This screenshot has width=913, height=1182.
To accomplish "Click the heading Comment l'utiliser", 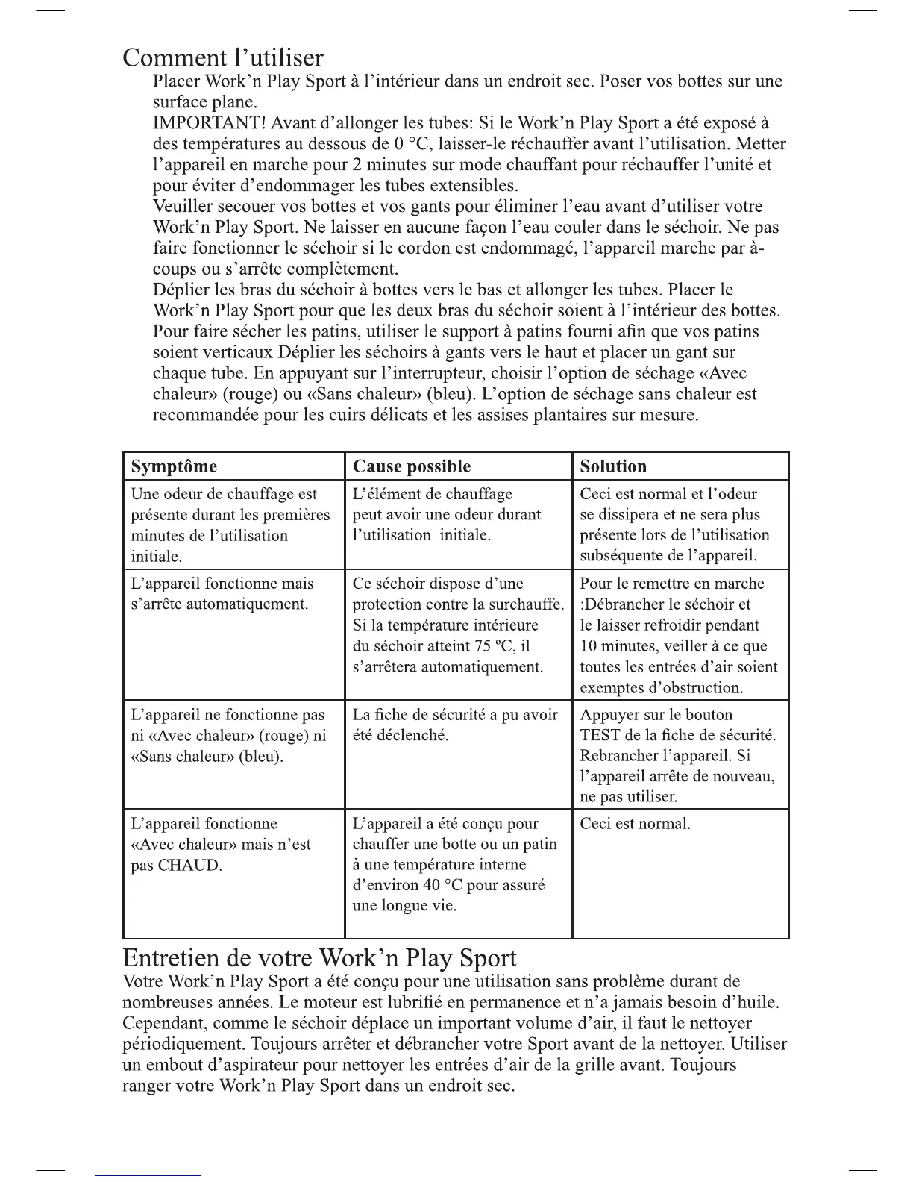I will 223,57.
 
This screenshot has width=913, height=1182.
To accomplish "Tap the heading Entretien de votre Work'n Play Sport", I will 319,958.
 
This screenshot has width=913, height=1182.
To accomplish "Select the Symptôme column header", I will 174,466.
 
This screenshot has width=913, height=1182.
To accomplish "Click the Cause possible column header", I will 411,466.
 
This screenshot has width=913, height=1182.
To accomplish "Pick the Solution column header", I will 613,466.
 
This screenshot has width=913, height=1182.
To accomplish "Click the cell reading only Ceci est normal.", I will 635,824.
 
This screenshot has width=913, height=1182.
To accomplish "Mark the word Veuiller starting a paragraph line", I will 183,206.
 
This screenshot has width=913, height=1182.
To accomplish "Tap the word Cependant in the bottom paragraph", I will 162,1023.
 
